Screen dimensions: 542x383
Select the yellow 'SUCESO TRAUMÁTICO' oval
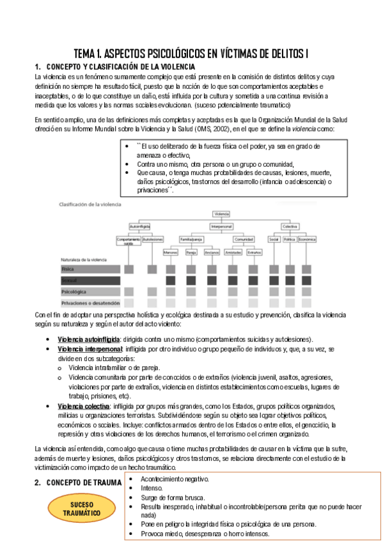tap(77, 509)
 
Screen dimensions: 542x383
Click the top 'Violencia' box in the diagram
tap(221, 214)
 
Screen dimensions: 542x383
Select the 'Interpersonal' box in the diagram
tap(221, 226)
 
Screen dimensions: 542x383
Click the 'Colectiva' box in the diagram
tap(290, 226)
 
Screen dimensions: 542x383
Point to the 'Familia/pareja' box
tap(191, 240)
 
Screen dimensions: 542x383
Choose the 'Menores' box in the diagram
tap(170, 252)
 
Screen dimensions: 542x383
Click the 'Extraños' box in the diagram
tap(254, 252)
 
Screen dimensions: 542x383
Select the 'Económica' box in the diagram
tap(307, 240)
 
